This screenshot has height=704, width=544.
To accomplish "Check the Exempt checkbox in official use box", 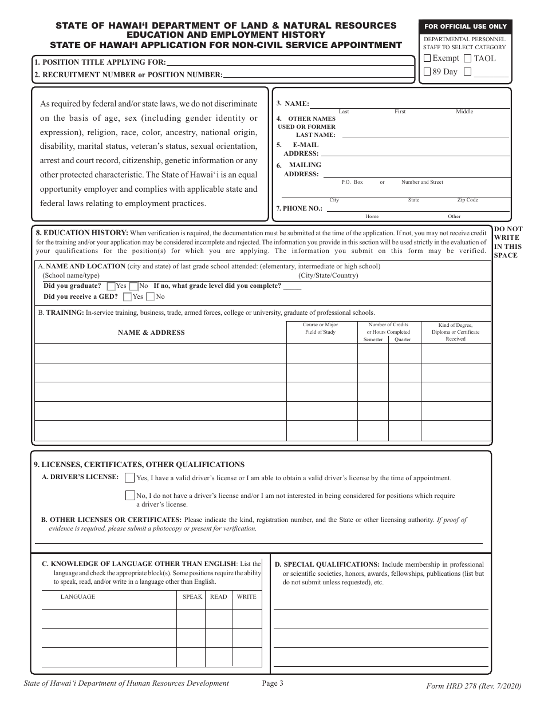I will (x=427, y=58).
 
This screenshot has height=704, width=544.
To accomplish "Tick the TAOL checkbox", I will (x=467, y=58).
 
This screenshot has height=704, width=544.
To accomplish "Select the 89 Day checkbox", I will (x=427, y=72).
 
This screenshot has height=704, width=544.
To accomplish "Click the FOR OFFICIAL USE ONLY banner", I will (x=465, y=27).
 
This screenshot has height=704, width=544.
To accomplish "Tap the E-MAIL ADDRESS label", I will (x=301, y=149).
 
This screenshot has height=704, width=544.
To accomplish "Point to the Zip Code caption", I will (x=467, y=200).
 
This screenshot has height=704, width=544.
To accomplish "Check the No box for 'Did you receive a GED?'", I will (x=151, y=296).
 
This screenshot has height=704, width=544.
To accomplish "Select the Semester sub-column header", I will (x=373, y=339).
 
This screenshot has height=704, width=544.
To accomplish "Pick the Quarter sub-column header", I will (x=403, y=339).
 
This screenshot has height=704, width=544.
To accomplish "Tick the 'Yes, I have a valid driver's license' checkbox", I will (x=130, y=478).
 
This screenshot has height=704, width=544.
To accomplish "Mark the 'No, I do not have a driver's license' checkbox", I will (x=130, y=496).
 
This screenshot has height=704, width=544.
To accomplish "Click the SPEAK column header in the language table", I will (x=192, y=597).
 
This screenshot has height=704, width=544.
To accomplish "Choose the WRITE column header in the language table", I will (x=247, y=597).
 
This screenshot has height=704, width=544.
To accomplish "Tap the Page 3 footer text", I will (x=273, y=683).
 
